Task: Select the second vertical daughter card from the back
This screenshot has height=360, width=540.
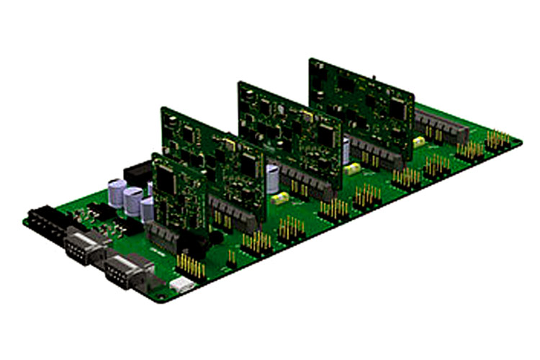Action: coord(288,130)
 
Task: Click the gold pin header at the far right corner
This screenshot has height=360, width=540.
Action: coord(497,139)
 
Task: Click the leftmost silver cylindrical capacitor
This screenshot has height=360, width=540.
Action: coord(117,194)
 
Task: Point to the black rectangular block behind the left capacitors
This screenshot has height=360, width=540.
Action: coord(137,174)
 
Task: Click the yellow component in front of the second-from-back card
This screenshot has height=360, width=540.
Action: coord(352,169)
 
